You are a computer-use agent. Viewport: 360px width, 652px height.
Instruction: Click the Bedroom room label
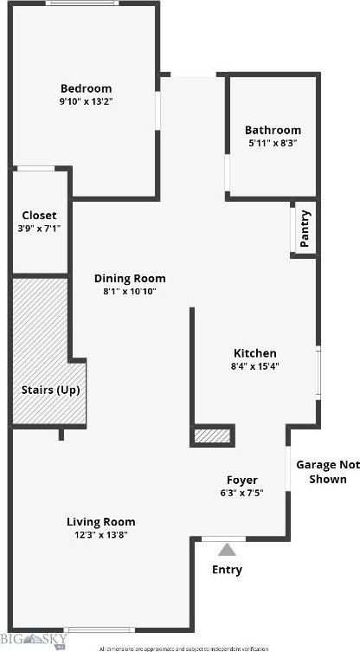[86, 88]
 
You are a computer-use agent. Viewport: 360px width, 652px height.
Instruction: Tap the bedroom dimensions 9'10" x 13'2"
[86, 101]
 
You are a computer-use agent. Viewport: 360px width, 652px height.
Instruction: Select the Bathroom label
[273, 131]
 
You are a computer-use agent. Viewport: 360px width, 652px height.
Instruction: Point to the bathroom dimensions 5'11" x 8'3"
[273, 144]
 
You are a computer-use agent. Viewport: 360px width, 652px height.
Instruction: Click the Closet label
[39, 215]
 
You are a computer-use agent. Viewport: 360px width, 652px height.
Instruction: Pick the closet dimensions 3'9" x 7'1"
[39, 228]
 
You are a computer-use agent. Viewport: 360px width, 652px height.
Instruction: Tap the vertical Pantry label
[305, 229]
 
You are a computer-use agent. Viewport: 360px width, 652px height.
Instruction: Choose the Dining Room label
[130, 279]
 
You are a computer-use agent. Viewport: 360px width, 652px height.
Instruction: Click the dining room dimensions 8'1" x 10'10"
[130, 292]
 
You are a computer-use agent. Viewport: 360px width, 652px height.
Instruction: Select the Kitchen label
[255, 353]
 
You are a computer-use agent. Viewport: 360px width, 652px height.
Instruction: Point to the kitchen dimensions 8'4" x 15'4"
[255, 366]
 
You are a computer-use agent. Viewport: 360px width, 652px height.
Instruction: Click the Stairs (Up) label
[50, 390]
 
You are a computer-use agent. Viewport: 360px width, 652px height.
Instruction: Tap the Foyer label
[242, 480]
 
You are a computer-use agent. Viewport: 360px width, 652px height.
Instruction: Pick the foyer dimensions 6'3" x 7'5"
[242, 493]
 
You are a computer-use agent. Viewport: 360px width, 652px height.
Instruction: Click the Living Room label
[101, 521]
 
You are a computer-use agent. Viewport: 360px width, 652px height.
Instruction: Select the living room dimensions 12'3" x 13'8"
[101, 534]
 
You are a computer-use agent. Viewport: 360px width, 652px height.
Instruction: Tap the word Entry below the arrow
[227, 570]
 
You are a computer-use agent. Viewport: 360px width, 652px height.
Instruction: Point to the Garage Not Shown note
[327, 472]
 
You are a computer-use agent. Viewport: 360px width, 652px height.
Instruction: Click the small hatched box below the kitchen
[212, 436]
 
